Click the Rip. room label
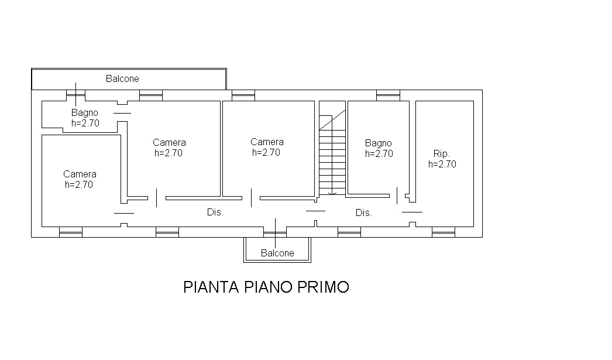pyautogui.click(x=441, y=154)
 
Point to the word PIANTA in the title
pyautogui.click(x=211, y=287)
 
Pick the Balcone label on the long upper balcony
pyautogui.click(x=122, y=79)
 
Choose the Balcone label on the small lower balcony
pyautogui.click(x=277, y=253)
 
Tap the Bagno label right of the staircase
pyautogui.click(x=378, y=143)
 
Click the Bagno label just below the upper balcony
pyautogui.click(x=84, y=113)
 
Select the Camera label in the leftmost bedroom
pyautogui.click(x=80, y=174)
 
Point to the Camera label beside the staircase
pyautogui.click(x=267, y=142)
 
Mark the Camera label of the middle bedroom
pyautogui.click(x=169, y=142)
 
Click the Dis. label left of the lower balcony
pyautogui.click(x=215, y=212)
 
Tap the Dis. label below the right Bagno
pyautogui.click(x=364, y=213)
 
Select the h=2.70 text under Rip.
pyautogui.click(x=442, y=164)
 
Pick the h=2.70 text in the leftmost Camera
pyautogui.click(x=79, y=185)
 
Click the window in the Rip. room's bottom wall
pyautogui.click(x=443, y=232)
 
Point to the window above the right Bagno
pyautogui.click(x=388, y=95)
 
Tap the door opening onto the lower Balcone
pyautogui.click(x=275, y=232)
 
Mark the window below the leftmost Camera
pyautogui.click(x=71, y=232)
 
